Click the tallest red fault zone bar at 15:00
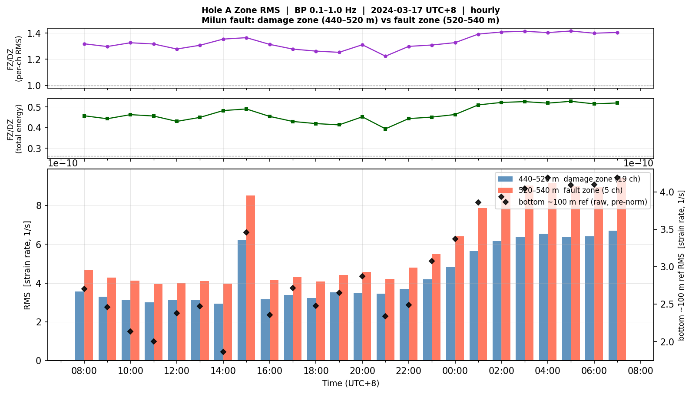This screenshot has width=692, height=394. (x=251, y=278)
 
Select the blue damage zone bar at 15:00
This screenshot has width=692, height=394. (x=242, y=300)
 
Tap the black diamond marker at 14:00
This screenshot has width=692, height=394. (x=223, y=352)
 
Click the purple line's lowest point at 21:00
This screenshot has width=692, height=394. (x=385, y=56)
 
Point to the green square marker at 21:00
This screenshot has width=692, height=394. (x=385, y=129)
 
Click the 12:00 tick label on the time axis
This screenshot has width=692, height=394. (x=177, y=371)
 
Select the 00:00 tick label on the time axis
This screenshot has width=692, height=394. (x=455, y=371)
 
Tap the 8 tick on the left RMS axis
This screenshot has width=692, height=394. (x=38, y=206)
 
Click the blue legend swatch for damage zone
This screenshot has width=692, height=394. (x=505, y=179)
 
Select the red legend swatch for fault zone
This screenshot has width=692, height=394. (x=505, y=190)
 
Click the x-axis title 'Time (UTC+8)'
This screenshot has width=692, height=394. (x=351, y=384)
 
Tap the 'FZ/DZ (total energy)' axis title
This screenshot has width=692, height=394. (x=14, y=129)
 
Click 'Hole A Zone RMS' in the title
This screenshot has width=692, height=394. (x=241, y=10)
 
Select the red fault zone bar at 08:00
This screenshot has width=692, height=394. (x=89, y=315)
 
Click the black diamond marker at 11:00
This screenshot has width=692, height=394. (x=153, y=341)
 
